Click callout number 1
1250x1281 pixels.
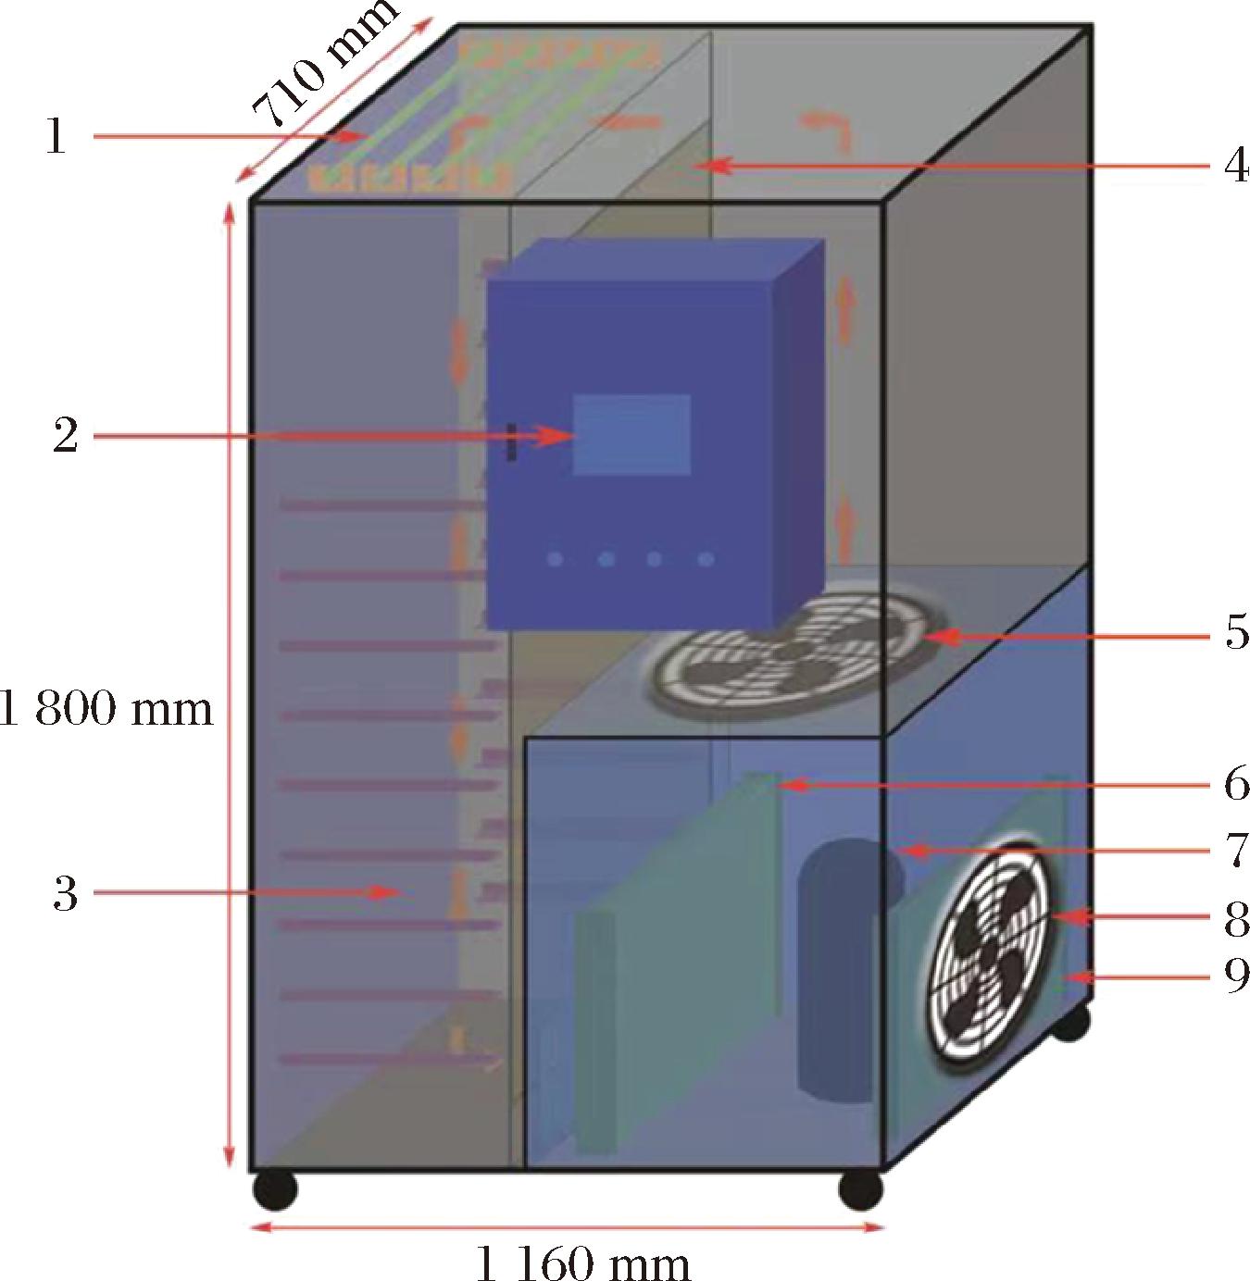tap(56, 137)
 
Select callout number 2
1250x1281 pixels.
tap(65, 435)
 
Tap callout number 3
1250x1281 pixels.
tap(65, 893)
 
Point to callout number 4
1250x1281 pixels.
tap(1236, 165)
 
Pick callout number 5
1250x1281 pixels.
tap(1237, 632)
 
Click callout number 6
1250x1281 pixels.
tap(1237, 783)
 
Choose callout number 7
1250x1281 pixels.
tap(1237, 850)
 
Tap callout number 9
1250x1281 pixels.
tap(1237, 976)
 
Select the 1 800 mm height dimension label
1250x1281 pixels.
tap(106, 709)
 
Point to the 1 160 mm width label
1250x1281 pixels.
tap(582, 1261)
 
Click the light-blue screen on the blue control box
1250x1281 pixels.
tap(631, 434)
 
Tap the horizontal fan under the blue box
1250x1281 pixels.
tap(798, 650)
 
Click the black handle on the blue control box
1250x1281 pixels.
tap(511, 442)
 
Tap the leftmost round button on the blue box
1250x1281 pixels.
tap(555, 560)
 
